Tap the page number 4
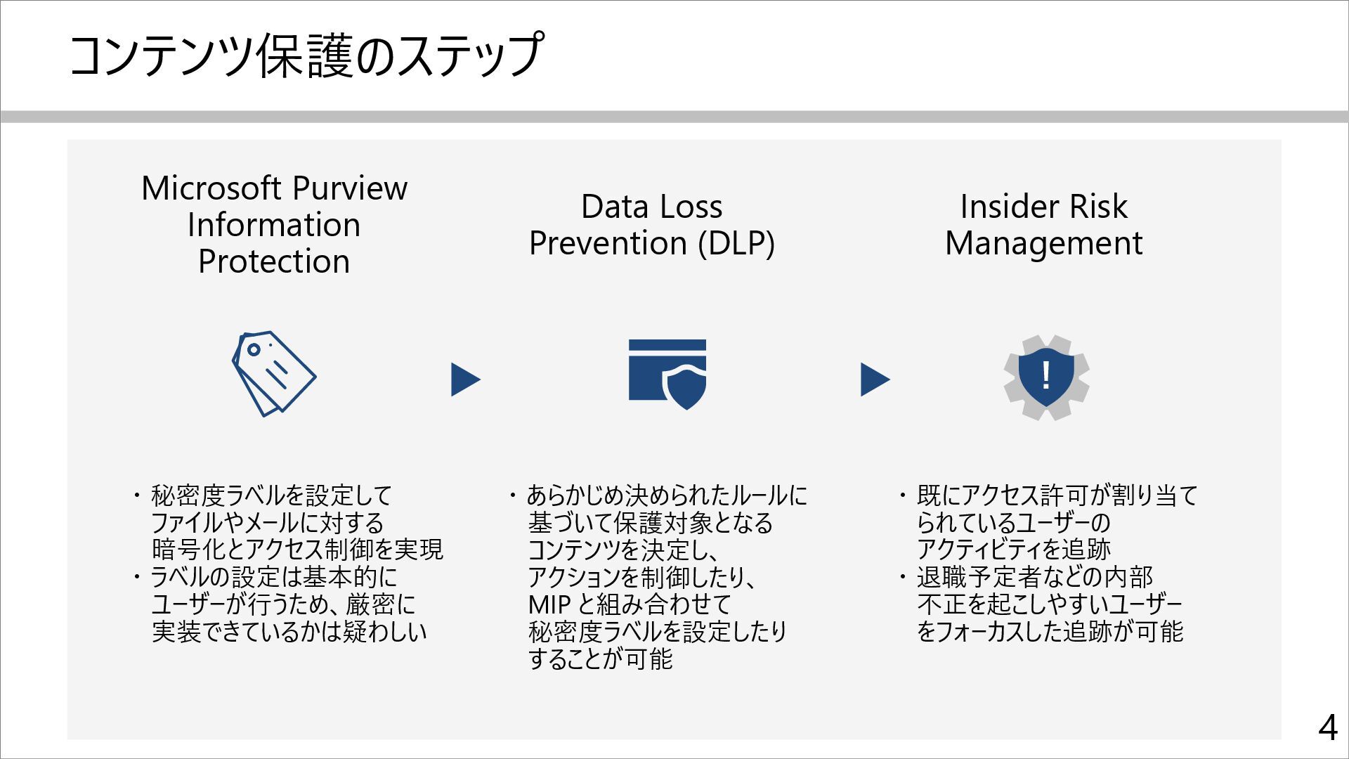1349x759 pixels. [x=1327, y=728]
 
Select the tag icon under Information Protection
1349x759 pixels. [x=273, y=374]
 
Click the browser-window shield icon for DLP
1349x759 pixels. [x=667, y=374]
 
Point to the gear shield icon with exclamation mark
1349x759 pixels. [x=1046, y=377]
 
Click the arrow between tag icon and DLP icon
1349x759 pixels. [x=464, y=379]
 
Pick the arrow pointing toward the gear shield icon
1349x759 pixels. [x=874, y=379]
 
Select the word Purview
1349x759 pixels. [x=349, y=188]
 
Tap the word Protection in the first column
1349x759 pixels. [x=274, y=261]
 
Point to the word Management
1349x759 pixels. [x=1043, y=243]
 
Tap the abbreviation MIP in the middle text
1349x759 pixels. [x=549, y=604]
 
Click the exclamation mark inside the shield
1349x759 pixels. [x=1046, y=375]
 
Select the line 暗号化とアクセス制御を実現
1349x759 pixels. [x=297, y=550]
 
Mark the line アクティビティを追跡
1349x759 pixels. [x=1013, y=550]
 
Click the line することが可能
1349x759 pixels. [x=600, y=659]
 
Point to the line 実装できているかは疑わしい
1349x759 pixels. [x=289, y=632]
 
